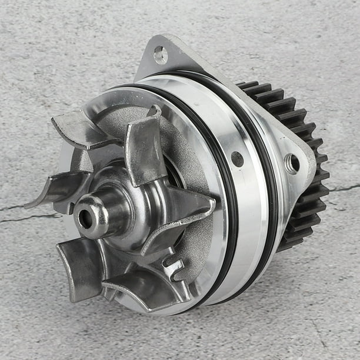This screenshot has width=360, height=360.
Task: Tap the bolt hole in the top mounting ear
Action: pyautogui.click(x=160, y=55)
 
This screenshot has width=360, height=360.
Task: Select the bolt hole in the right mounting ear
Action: pyautogui.click(x=291, y=163)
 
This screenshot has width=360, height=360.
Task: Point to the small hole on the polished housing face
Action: pyautogui.click(x=237, y=159)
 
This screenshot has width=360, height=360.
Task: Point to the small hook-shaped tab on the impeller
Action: pyautogui.click(x=174, y=268)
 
